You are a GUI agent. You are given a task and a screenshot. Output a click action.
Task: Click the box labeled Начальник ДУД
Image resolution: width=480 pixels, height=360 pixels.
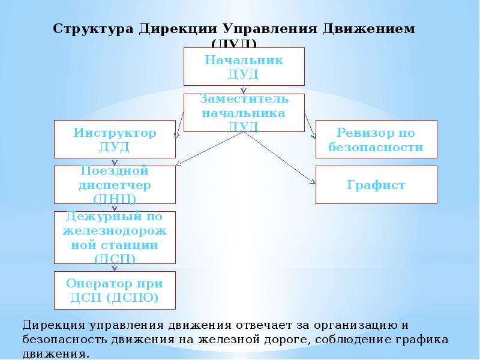coord(244,67)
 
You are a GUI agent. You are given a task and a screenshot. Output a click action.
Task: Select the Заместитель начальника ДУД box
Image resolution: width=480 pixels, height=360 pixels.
coord(244,112)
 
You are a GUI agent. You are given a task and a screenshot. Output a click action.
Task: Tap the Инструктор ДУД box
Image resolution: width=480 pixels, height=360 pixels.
coord(115,139)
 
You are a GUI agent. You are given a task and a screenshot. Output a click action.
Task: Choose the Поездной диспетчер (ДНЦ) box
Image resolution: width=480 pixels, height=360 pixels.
coord(115,185)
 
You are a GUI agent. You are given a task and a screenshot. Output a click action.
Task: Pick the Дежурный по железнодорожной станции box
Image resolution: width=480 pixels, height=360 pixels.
coord(115,237)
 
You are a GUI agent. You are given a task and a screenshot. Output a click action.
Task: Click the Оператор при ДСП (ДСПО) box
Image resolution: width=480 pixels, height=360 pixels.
coord(115,290)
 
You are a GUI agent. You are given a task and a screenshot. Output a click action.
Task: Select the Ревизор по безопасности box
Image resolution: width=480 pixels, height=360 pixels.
coord(376,139)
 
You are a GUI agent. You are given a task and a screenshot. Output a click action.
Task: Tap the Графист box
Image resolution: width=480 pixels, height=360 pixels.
coord(376,185)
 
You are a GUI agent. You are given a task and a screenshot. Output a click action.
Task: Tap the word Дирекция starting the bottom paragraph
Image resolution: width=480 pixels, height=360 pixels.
coord(54,325)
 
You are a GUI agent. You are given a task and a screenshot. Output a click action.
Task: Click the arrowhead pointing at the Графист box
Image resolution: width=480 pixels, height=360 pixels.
coord(313,182)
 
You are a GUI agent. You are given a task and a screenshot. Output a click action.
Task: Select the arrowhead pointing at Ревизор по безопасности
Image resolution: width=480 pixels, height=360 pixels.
coord(314,137)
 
